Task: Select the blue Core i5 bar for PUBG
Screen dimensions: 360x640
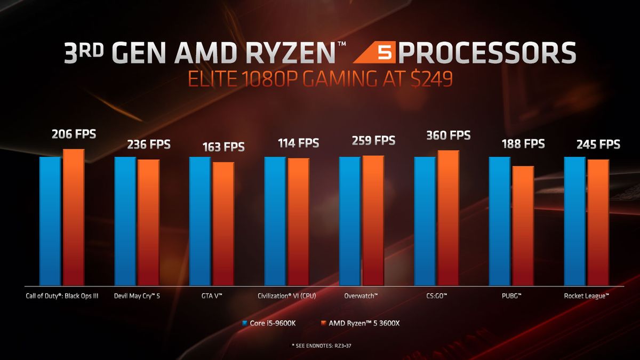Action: tap(500, 221)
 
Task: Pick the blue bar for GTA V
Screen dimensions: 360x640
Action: tap(200, 221)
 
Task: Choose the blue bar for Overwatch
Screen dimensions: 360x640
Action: tap(350, 221)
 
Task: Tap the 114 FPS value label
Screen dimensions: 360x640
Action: tap(299, 143)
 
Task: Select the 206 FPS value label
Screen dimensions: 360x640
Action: tap(74, 134)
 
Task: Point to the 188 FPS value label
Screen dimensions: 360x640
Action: tap(523, 144)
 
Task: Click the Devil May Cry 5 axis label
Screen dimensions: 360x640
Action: tap(137, 295)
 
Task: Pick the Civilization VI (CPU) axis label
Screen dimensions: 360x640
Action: tap(287, 295)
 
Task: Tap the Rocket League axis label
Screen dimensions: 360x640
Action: tap(587, 295)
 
